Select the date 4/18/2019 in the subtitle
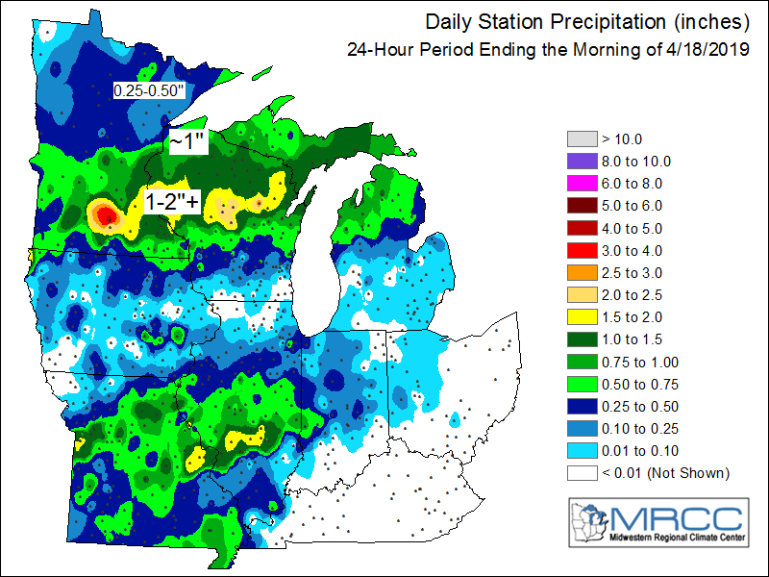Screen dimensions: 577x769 pyautogui.click(x=712, y=49)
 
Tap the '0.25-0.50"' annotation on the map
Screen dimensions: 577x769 pyautogui.click(x=149, y=90)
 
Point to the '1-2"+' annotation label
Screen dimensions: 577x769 pyautogui.click(x=172, y=202)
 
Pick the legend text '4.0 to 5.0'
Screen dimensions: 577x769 pyautogui.click(x=631, y=228)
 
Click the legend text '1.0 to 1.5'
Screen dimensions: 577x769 pyautogui.click(x=631, y=339)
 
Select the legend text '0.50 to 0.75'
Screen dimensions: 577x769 pyautogui.click(x=635, y=384)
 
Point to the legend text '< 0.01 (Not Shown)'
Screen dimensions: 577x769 pyautogui.click(x=664, y=472)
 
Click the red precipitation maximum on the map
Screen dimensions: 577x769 pyautogui.click(x=105, y=213)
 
